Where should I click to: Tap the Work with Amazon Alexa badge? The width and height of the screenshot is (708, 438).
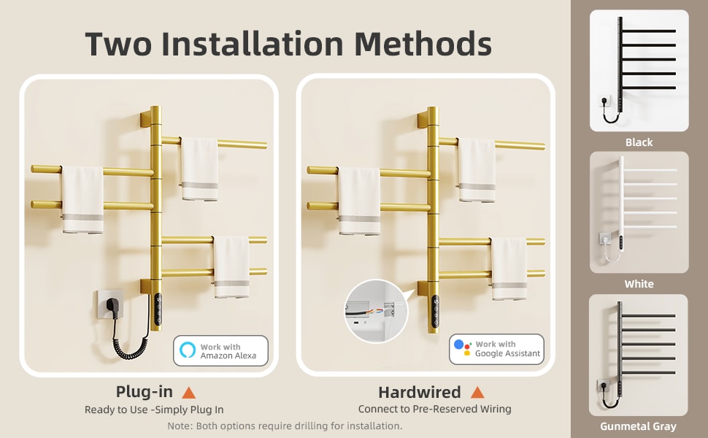(x=221, y=350)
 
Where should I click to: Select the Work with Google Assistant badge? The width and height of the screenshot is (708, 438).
(x=496, y=349)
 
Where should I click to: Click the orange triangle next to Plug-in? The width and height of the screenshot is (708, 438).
(x=188, y=392)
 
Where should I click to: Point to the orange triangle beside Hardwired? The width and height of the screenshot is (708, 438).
(x=477, y=392)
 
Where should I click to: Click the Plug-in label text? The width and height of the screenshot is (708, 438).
(x=144, y=392)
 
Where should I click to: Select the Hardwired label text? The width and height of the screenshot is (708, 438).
(x=419, y=392)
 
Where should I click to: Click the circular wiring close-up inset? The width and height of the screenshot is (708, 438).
(x=376, y=310)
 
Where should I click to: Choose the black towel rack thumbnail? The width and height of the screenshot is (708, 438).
(x=639, y=70)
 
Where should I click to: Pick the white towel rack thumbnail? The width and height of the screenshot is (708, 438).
(x=639, y=212)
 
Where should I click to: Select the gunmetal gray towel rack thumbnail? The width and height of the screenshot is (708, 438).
(x=639, y=355)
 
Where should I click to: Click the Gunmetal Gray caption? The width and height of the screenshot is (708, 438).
(x=639, y=426)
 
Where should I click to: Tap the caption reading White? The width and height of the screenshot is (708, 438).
(x=639, y=284)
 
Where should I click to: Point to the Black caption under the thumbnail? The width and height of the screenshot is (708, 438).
(x=639, y=142)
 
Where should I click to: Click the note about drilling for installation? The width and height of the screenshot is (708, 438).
(x=285, y=426)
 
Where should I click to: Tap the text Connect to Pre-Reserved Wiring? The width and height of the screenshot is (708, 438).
(x=435, y=410)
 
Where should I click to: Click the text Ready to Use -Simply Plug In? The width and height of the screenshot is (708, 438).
(x=154, y=410)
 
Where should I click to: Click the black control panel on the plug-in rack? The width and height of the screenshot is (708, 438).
(x=158, y=312)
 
